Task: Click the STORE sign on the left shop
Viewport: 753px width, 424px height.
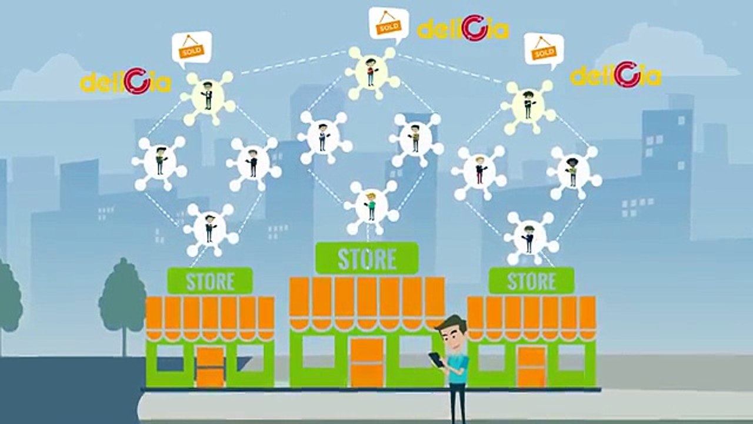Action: (x=210, y=281)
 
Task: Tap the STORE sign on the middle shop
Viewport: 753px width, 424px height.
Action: (x=366, y=258)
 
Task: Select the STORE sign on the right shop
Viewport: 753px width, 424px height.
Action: (x=531, y=281)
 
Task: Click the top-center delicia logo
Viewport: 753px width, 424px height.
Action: (x=463, y=28)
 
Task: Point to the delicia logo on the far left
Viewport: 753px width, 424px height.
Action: (x=125, y=81)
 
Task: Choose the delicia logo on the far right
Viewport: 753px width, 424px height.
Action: (x=616, y=75)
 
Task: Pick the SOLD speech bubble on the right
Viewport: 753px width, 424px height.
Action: (x=544, y=51)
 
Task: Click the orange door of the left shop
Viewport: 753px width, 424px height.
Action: (x=210, y=367)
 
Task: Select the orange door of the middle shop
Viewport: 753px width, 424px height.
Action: (x=366, y=362)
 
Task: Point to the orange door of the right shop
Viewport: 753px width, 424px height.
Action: (x=531, y=367)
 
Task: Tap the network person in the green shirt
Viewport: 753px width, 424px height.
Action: (x=371, y=207)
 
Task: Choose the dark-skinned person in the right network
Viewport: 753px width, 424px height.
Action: (x=572, y=171)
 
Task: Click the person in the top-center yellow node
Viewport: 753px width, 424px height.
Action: (x=371, y=72)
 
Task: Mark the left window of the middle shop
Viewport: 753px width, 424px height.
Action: (x=318, y=352)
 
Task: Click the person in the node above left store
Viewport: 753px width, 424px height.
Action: (x=209, y=228)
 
